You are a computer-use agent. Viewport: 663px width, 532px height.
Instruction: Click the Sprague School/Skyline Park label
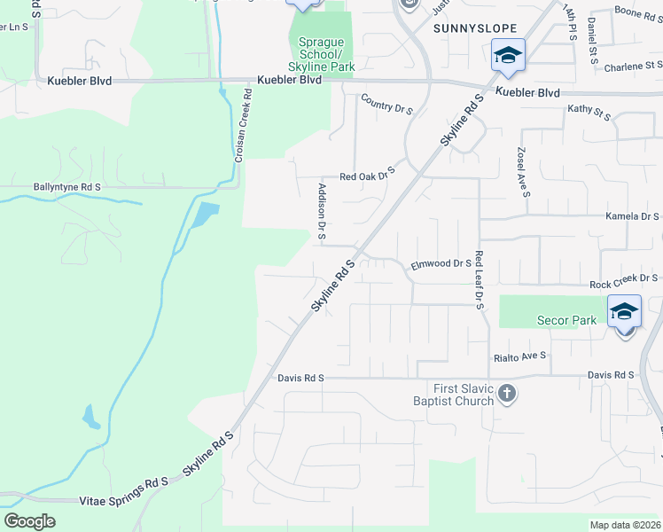[320, 54]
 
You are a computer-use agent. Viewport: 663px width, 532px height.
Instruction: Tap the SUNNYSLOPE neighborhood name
[467, 28]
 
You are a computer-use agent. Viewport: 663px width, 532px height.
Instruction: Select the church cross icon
[506, 394]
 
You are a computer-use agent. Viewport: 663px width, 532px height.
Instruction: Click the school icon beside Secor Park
[625, 312]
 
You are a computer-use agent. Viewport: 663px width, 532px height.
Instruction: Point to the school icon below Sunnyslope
[509, 56]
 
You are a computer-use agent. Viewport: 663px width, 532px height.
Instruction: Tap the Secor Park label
[566, 320]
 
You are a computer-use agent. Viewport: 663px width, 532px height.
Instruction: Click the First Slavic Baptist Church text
[464, 395]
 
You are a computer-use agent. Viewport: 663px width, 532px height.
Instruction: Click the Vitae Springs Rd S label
[124, 482]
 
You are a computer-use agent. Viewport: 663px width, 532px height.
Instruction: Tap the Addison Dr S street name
[322, 211]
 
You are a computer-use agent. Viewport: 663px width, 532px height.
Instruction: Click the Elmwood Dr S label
[441, 264]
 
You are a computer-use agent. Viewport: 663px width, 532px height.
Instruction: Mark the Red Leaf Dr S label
[479, 279]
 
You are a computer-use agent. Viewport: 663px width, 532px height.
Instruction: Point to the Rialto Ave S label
[520, 356]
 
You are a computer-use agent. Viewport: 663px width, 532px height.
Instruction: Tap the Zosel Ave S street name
[524, 173]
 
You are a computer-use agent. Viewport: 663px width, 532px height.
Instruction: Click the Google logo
[29, 521]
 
